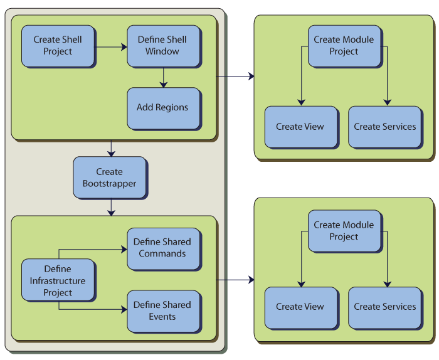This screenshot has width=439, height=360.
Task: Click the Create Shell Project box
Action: coord(58,46)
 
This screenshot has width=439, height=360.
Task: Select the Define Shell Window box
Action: coord(163,46)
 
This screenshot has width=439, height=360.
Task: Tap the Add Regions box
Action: coord(163,108)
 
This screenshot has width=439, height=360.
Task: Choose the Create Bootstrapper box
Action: coord(110,177)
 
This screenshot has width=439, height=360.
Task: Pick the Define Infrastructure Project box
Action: coord(58,280)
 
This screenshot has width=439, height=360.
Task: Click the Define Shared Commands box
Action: coord(163,248)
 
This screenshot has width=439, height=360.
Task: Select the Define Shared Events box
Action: coord(163,310)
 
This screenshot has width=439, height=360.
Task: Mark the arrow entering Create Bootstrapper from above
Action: coord(111,149)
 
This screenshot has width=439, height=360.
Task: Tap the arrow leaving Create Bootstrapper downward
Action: coord(111,207)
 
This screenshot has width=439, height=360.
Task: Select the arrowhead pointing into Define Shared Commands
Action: coord(124,249)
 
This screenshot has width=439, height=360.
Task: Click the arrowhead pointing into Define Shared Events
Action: coord(124,309)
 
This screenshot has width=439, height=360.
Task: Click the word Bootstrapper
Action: coord(110,184)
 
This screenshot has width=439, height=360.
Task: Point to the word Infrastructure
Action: coord(58,281)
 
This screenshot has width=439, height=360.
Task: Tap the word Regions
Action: coord(172,108)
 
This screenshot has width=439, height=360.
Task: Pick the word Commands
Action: coord(162,254)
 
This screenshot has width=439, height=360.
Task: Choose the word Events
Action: coord(162,317)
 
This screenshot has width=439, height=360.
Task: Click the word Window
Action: coord(162,51)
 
